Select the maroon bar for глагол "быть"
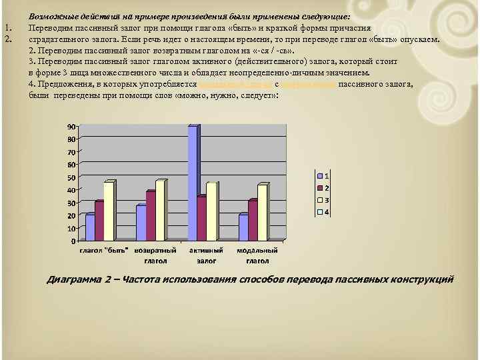click(x=99, y=220)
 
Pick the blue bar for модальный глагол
click(x=243, y=227)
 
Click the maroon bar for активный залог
click(x=201, y=217)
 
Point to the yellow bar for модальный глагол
click(x=262, y=212)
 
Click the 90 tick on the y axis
click(x=70, y=127)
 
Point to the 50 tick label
click(x=70, y=178)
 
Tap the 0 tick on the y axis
click(x=73, y=241)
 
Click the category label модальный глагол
click(x=253, y=256)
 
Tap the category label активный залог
click(x=201, y=256)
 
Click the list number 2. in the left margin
click(x=8, y=39)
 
